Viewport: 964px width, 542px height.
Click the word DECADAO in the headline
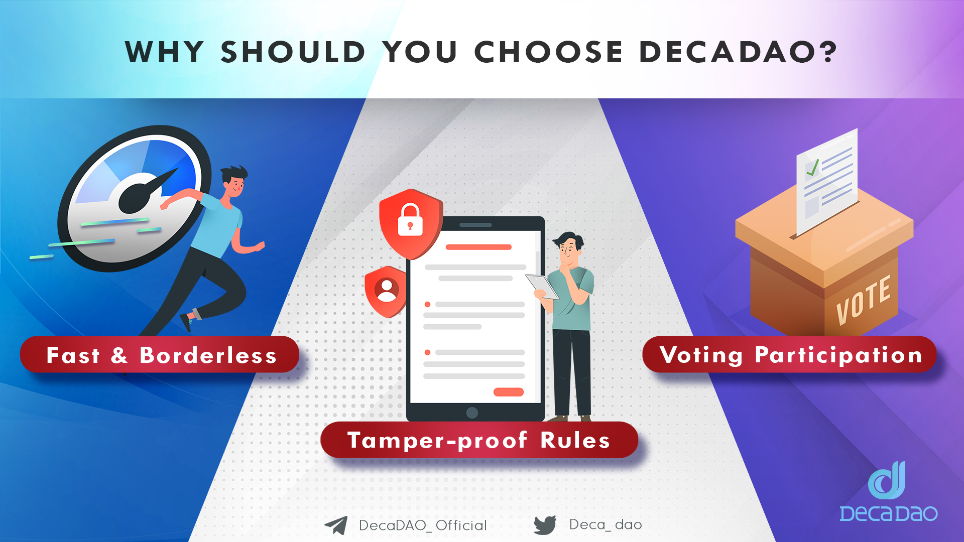click(726, 52)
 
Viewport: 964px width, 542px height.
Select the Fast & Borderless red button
click(160, 355)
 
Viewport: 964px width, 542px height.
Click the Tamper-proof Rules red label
click(479, 440)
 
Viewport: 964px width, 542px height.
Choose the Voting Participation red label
click(789, 355)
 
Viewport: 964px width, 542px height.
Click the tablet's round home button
click(472, 413)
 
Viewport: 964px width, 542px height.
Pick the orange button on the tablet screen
click(509, 392)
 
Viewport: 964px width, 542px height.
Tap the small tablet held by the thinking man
click(542, 287)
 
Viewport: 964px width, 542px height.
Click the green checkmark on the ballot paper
click(812, 167)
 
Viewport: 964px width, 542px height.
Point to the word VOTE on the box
click(864, 300)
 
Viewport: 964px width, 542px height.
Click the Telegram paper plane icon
click(336, 525)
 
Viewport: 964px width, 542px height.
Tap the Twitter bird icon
click(545, 525)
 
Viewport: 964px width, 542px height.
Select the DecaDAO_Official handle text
click(423, 525)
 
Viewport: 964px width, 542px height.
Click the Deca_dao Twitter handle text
click(606, 524)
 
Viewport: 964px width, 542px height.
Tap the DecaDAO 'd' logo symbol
click(887, 480)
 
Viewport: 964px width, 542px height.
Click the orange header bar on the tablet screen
click(478, 247)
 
